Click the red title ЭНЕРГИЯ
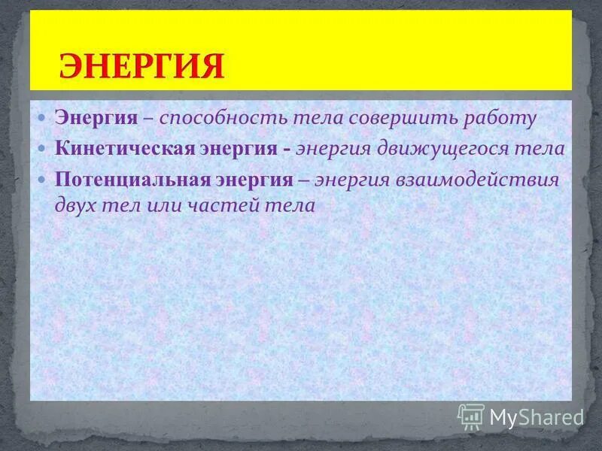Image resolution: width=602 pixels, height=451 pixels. tap(141, 66)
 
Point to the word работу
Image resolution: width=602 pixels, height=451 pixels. tap(500, 118)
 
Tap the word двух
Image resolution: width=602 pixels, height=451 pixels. tap(76, 204)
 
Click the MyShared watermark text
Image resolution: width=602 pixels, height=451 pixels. tap(537, 416)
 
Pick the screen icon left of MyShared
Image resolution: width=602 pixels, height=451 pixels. tap(471, 416)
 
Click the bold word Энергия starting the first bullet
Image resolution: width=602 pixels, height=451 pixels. tap(96, 118)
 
